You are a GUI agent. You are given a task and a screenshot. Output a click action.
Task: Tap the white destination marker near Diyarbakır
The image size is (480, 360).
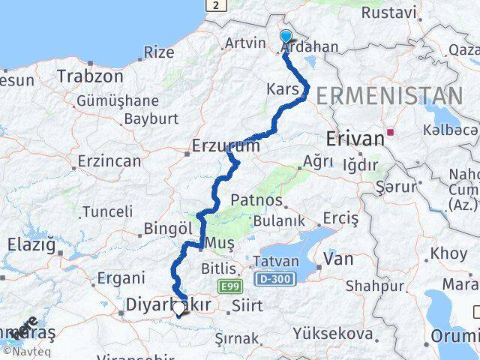pos(178,308)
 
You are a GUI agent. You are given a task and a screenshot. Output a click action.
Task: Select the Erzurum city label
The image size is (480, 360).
pos(226,145)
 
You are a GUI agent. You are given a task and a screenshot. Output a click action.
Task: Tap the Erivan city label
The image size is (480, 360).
pos(355,138)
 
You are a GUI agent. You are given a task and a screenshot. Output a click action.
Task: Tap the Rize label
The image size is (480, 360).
pos(158,52)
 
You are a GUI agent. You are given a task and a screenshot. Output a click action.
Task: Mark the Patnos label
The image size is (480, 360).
pos(257,201)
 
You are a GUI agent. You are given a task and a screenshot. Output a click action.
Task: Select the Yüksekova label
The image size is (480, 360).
pos(331,332)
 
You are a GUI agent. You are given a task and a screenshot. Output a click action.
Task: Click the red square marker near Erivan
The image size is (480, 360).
pos(390,137)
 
